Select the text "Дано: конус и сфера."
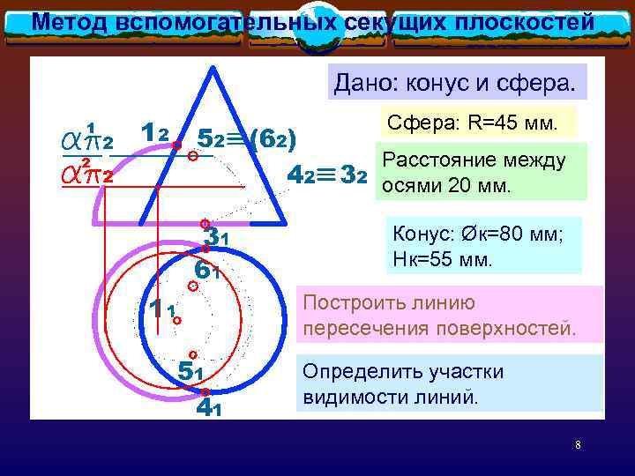(453, 84)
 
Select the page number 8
(578, 445)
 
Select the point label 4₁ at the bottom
(208, 406)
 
